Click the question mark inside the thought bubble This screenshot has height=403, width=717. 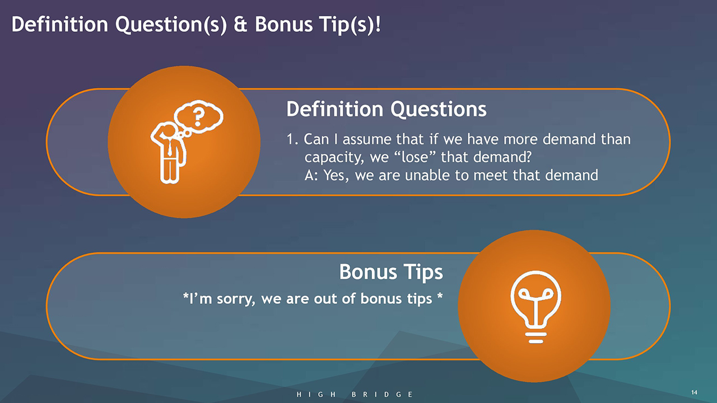click(x=199, y=117)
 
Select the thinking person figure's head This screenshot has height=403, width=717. click(x=169, y=130)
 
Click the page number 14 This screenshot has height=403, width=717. click(x=694, y=392)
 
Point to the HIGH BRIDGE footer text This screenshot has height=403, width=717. click(x=355, y=395)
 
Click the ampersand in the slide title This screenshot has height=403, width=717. click(x=240, y=24)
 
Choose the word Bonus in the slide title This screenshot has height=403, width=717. click(x=283, y=24)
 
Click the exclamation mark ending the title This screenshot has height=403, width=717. click(x=378, y=24)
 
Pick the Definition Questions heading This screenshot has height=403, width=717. click(x=387, y=109)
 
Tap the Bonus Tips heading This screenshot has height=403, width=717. click(x=391, y=272)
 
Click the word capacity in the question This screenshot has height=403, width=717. click(x=334, y=158)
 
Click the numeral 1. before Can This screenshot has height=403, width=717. click(x=292, y=139)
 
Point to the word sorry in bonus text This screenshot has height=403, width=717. click(x=236, y=299)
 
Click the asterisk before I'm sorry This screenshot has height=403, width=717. click(x=185, y=295)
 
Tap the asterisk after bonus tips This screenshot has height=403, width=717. click(x=440, y=295)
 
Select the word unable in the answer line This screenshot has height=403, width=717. click(x=427, y=175)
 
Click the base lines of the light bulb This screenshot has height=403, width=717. click(x=536, y=338)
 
